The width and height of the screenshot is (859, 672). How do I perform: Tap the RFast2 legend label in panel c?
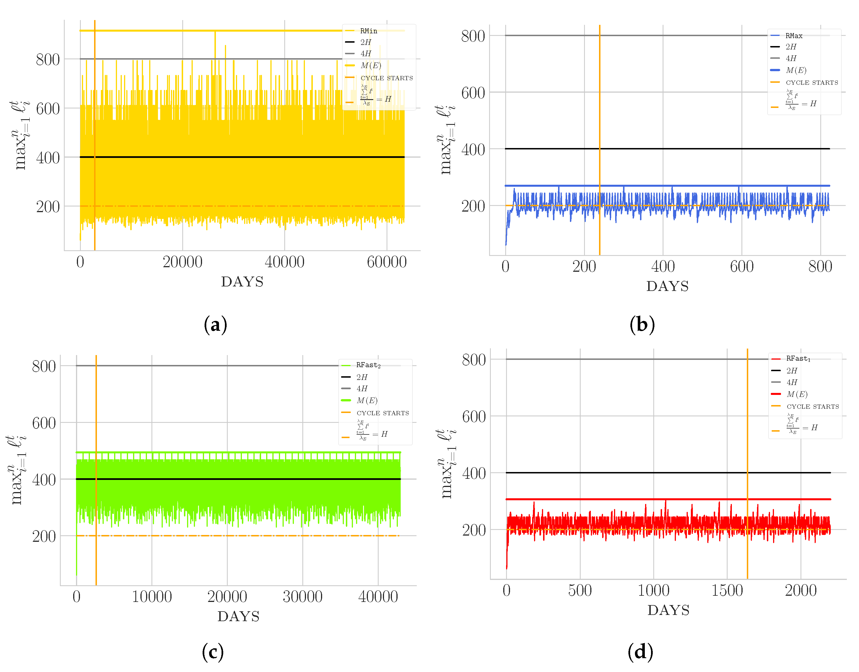click(368, 365)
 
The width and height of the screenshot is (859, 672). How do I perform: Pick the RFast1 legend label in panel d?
click(798, 358)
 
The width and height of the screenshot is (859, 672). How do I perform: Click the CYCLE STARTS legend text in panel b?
click(812, 82)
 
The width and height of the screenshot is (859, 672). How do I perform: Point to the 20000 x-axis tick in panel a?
click(183, 262)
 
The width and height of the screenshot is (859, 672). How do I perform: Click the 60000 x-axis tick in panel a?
click(387, 262)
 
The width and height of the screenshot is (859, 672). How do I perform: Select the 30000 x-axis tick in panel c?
click(302, 597)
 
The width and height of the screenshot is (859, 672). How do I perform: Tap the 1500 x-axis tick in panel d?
click(727, 591)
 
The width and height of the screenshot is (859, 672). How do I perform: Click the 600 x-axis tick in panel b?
click(741, 267)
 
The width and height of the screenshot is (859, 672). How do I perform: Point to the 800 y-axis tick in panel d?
click(474, 360)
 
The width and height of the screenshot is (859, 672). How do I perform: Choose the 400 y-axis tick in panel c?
click(44, 480)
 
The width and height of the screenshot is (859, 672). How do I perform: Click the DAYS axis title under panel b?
click(667, 286)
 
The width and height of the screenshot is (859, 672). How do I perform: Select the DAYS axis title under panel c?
click(238, 617)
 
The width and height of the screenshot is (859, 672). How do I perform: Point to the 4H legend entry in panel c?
click(362, 388)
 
